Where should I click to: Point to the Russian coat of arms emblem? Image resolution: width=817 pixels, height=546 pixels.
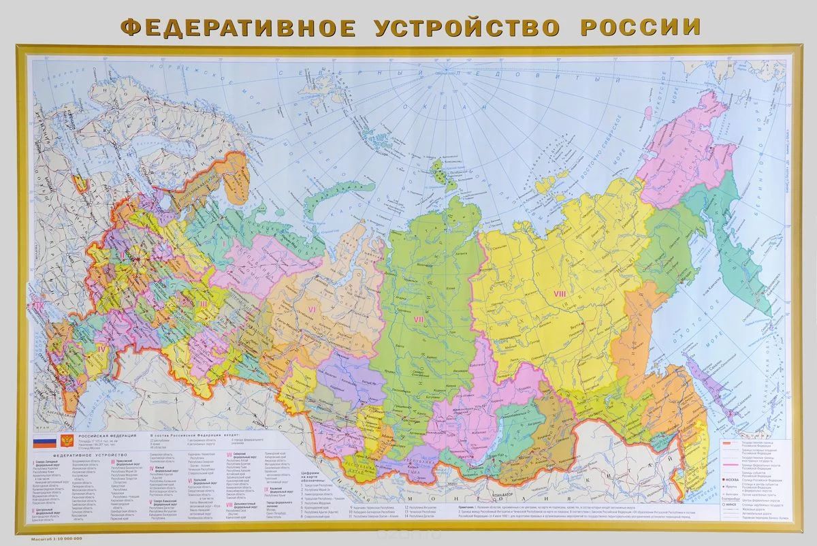pyautogui.click(x=65, y=440)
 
